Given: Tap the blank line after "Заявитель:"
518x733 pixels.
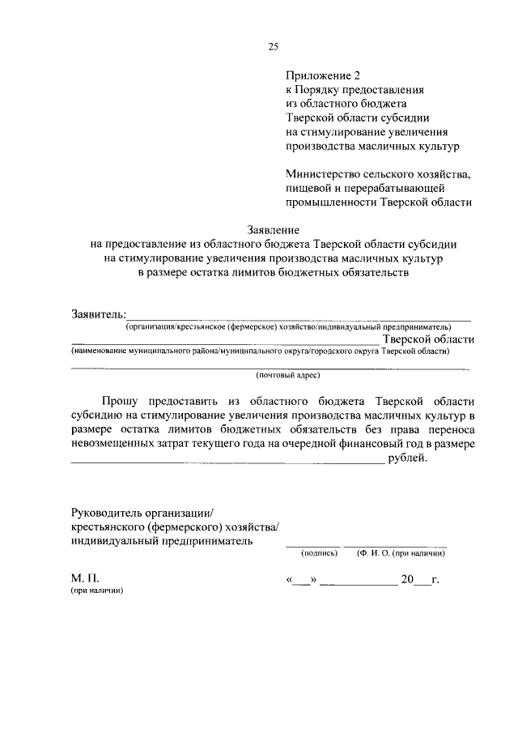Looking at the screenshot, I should (299, 318).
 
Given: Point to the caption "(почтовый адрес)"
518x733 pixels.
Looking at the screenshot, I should (288, 376).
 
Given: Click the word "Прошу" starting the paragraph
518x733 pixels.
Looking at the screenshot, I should (119, 401).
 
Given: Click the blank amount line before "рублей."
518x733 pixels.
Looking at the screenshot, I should (227, 462).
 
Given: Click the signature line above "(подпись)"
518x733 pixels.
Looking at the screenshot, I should (311, 545).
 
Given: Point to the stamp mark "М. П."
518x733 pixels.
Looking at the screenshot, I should (84, 579).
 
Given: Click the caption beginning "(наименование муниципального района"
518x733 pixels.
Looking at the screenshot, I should (260, 352).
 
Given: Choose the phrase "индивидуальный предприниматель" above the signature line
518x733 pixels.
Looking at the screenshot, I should (161, 541).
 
